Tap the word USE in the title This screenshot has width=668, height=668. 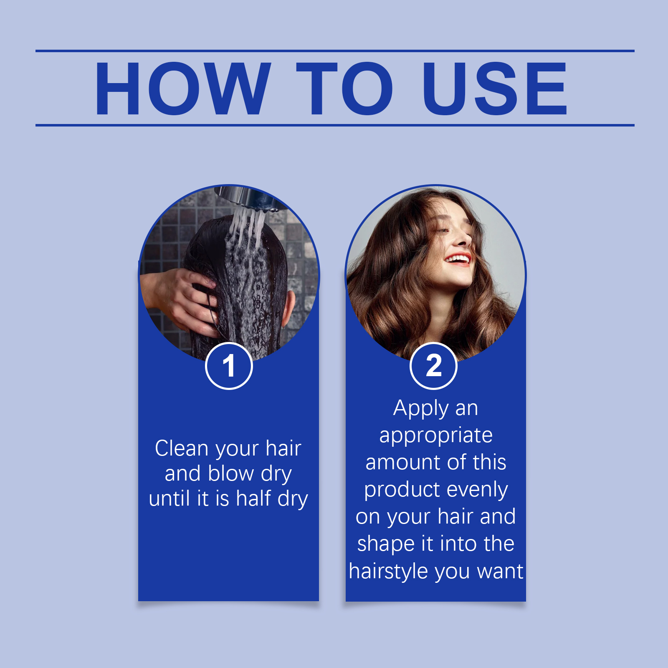(495, 88)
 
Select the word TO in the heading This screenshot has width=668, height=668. (344, 88)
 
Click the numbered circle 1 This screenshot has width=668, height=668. (229, 366)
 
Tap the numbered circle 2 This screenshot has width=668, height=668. (434, 366)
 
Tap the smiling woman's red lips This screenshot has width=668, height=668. (458, 259)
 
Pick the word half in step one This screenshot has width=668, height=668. (253, 498)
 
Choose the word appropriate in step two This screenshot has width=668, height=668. (436, 436)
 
